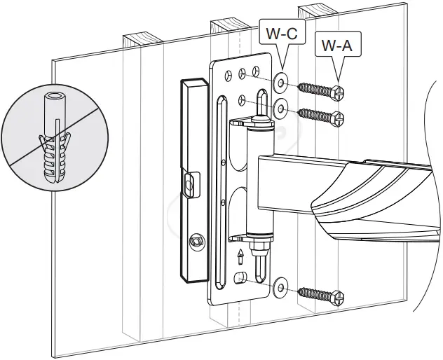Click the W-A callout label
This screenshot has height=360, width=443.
pos(336,46)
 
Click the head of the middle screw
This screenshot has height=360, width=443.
pos(339,118)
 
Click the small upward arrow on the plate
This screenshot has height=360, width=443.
pos(240,255)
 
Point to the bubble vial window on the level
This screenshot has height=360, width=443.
pos(189,185)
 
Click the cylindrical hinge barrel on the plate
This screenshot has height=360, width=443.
pos(259,179)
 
